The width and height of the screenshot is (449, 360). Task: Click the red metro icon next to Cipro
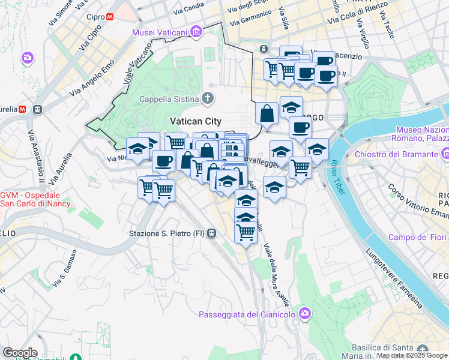click(x=109, y=17)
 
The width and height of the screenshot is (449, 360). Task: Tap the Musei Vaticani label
click(x=159, y=32)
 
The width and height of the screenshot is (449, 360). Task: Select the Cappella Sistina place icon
click(x=208, y=98)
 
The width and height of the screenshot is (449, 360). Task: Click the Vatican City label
click(x=196, y=121)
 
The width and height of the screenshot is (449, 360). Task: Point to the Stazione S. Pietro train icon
click(x=211, y=233)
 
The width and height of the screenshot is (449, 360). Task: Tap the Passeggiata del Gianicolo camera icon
click(x=306, y=313)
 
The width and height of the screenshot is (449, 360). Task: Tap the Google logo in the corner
click(x=20, y=353)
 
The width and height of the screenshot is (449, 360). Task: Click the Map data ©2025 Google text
click(x=412, y=356)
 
